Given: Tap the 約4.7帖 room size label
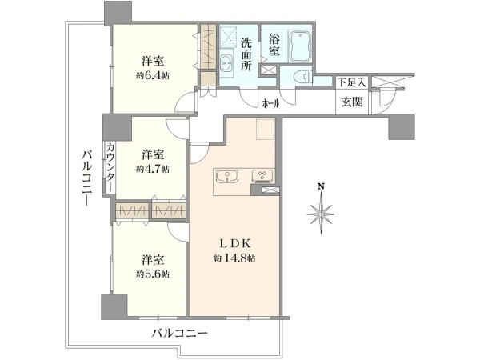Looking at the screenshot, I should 152,169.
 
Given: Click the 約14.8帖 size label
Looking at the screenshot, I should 234,258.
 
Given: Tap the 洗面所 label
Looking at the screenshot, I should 247,54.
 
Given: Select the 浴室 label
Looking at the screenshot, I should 274,44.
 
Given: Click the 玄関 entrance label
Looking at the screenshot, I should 351,102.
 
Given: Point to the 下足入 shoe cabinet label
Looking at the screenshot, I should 351,82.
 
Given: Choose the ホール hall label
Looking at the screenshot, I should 271,102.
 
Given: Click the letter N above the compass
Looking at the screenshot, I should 320,187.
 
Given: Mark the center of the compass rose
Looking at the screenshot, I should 320,214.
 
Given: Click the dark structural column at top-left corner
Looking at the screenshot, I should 118,13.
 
